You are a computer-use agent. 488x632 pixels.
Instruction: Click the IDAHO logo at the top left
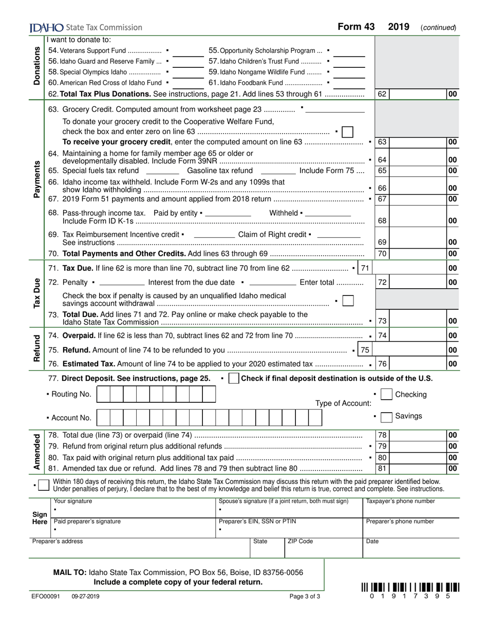click(46, 28)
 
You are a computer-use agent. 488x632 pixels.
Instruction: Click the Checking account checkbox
click(387, 394)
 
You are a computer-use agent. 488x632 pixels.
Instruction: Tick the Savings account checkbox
click(387, 416)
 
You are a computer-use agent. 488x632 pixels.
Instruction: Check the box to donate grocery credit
click(347, 132)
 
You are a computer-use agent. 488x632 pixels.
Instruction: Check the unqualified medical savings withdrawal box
click(348, 301)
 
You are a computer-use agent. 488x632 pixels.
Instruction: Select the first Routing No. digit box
click(103, 394)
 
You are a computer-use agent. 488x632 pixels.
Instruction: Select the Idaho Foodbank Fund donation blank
click(349, 83)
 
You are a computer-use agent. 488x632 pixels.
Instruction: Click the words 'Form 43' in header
click(356, 27)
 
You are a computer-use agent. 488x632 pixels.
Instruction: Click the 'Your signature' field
click(134, 509)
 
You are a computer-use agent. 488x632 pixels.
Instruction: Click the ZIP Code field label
click(300, 542)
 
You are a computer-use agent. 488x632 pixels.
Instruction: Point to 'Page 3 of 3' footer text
click(305, 597)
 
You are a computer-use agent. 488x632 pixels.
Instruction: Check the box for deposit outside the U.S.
click(233, 379)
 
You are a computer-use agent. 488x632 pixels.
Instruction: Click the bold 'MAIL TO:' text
click(70, 572)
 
